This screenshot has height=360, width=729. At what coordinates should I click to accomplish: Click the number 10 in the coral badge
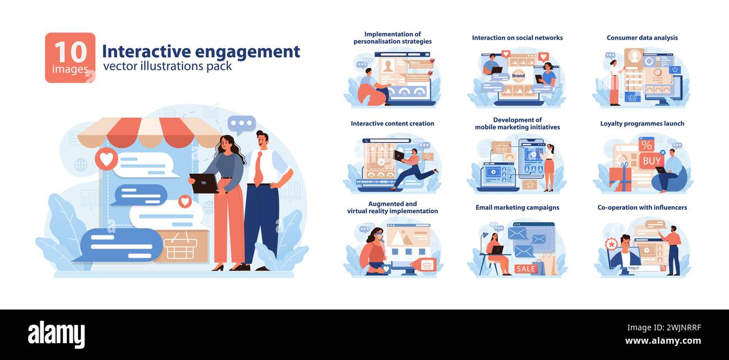(x=70, y=52)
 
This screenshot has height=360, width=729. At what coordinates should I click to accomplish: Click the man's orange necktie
(x=259, y=168)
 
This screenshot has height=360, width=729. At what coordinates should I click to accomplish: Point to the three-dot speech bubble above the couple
(x=242, y=124)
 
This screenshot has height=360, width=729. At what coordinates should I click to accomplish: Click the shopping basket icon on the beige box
(x=181, y=247)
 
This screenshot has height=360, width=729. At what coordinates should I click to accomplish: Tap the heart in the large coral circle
(x=106, y=159)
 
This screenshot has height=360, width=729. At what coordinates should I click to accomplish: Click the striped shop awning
(x=149, y=132)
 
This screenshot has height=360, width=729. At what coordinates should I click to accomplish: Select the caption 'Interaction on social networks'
(x=517, y=38)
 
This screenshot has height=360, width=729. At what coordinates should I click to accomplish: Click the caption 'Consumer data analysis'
(x=642, y=38)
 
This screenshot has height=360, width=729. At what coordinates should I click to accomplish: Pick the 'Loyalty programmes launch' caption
(x=642, y=123)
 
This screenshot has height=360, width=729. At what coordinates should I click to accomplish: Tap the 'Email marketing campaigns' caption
(x=517, y=207)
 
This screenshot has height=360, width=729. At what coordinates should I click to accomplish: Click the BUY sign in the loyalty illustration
(x=651, y=161)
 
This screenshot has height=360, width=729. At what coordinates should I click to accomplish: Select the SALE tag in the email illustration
(x=525, y=269)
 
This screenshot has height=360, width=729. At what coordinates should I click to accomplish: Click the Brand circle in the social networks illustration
(x=518, y=75)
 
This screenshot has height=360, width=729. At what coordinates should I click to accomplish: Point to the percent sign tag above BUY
(x=646, y=145)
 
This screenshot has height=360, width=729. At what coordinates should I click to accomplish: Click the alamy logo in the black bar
(x=57, y=335)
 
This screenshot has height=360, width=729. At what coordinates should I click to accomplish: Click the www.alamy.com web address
(x=663, y=341)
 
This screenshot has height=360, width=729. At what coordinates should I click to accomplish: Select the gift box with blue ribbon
(x=620, y=178)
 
